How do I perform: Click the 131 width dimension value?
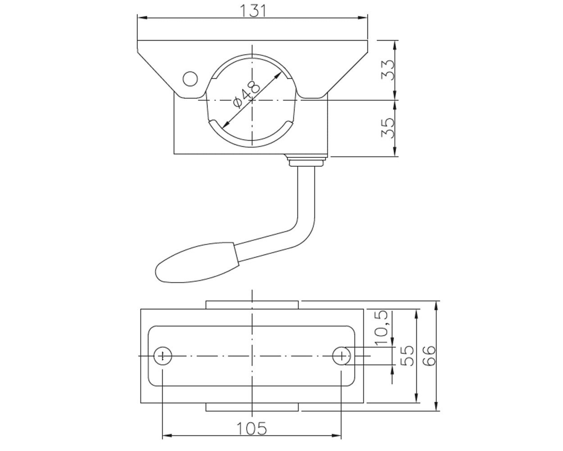coord(253,11)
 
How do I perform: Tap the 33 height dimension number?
coord(387,70)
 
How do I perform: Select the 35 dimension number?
coord(387,129)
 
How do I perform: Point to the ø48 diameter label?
coord(246,94)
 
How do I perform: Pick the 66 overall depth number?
coord(429,355)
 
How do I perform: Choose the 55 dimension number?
coord(407,355)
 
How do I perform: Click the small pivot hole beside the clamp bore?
coord(190,78)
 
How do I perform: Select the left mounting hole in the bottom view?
coord(163,355)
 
